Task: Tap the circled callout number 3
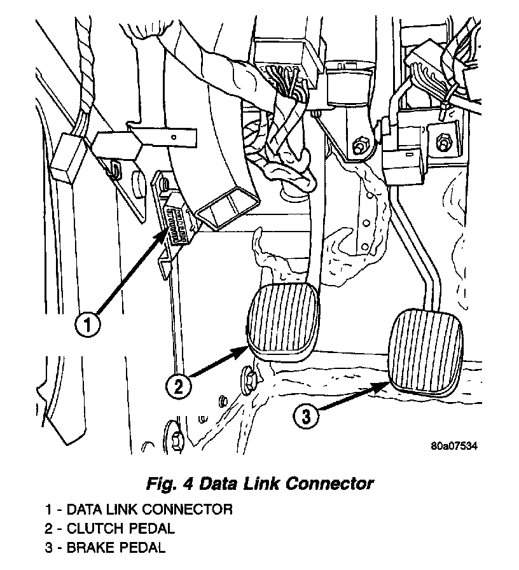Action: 306,417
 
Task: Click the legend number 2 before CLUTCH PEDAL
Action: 48,528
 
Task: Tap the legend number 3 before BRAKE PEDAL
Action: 48,546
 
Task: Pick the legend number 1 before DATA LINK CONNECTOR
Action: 48,510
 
